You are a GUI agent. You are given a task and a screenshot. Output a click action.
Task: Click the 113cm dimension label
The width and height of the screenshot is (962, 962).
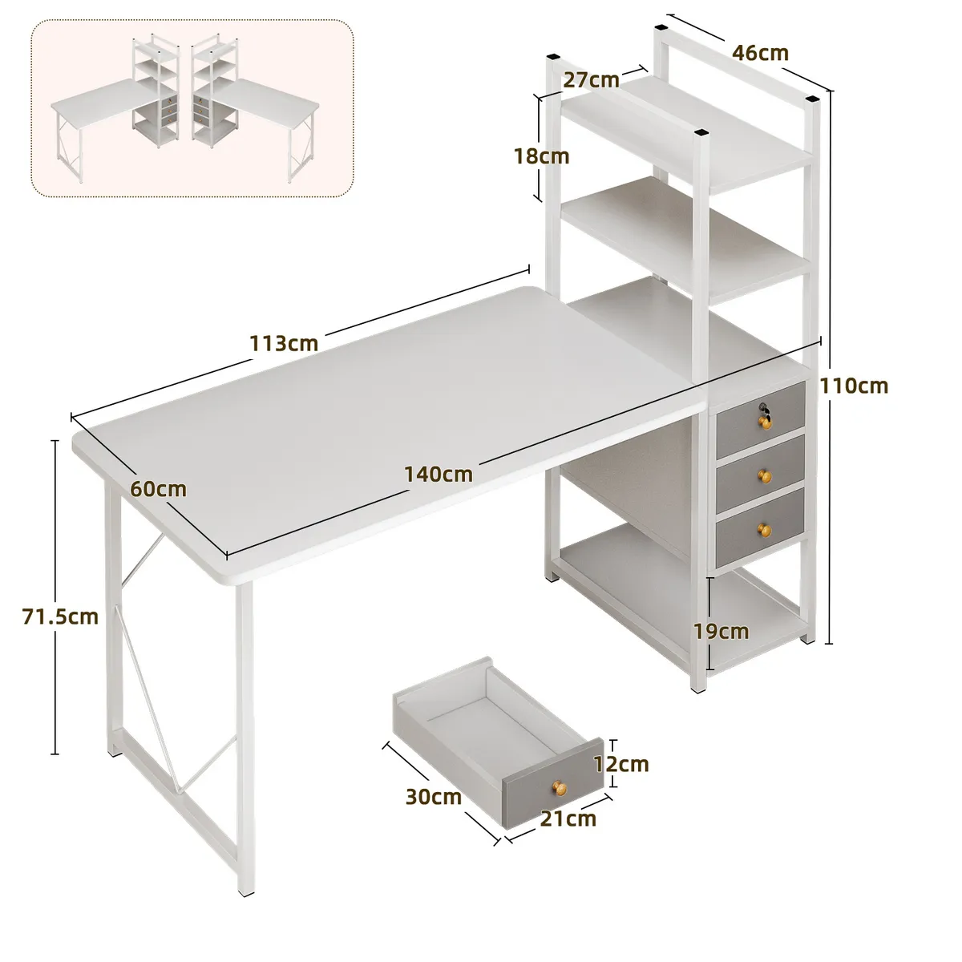click(284, 343)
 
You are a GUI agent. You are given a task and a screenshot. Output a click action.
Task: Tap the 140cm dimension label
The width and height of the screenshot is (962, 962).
click(439, 475)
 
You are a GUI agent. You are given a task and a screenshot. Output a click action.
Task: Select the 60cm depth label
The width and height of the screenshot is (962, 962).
click(158, 489)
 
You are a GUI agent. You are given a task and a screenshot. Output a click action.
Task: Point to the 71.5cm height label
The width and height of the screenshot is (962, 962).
click(60, 617)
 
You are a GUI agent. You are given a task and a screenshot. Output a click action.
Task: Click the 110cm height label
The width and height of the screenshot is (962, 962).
click(854, 386)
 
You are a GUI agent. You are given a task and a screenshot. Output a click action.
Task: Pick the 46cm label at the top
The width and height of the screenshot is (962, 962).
click(760, 52)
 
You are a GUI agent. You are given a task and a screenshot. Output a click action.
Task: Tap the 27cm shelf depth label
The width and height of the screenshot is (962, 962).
click(591, 80)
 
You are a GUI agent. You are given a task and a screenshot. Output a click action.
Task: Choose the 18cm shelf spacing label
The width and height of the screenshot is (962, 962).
click(542, 156)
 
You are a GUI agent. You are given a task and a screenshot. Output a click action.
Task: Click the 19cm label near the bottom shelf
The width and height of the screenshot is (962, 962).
click(721, 632)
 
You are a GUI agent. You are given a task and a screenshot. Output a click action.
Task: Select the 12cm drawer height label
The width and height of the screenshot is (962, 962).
click(621, 764)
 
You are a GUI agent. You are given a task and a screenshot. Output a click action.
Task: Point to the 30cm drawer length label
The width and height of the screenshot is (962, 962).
click(434, 797)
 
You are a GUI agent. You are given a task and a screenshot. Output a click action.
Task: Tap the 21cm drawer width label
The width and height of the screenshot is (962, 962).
click(568, 819)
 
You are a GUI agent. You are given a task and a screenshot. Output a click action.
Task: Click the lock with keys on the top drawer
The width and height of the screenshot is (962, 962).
click(765, 414)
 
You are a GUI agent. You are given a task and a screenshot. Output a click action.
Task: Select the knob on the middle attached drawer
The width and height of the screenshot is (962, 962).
click(764, 475)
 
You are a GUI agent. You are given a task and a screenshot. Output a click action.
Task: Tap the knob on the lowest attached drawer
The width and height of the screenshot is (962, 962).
click(764, 529)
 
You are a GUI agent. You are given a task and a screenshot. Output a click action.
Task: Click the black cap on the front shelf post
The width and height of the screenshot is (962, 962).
click(701, 133)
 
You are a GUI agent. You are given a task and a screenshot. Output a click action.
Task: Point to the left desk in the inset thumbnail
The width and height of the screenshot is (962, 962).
click(115, 109)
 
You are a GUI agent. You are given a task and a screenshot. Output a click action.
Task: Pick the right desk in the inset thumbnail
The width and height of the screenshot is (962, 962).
click(255, 109)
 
